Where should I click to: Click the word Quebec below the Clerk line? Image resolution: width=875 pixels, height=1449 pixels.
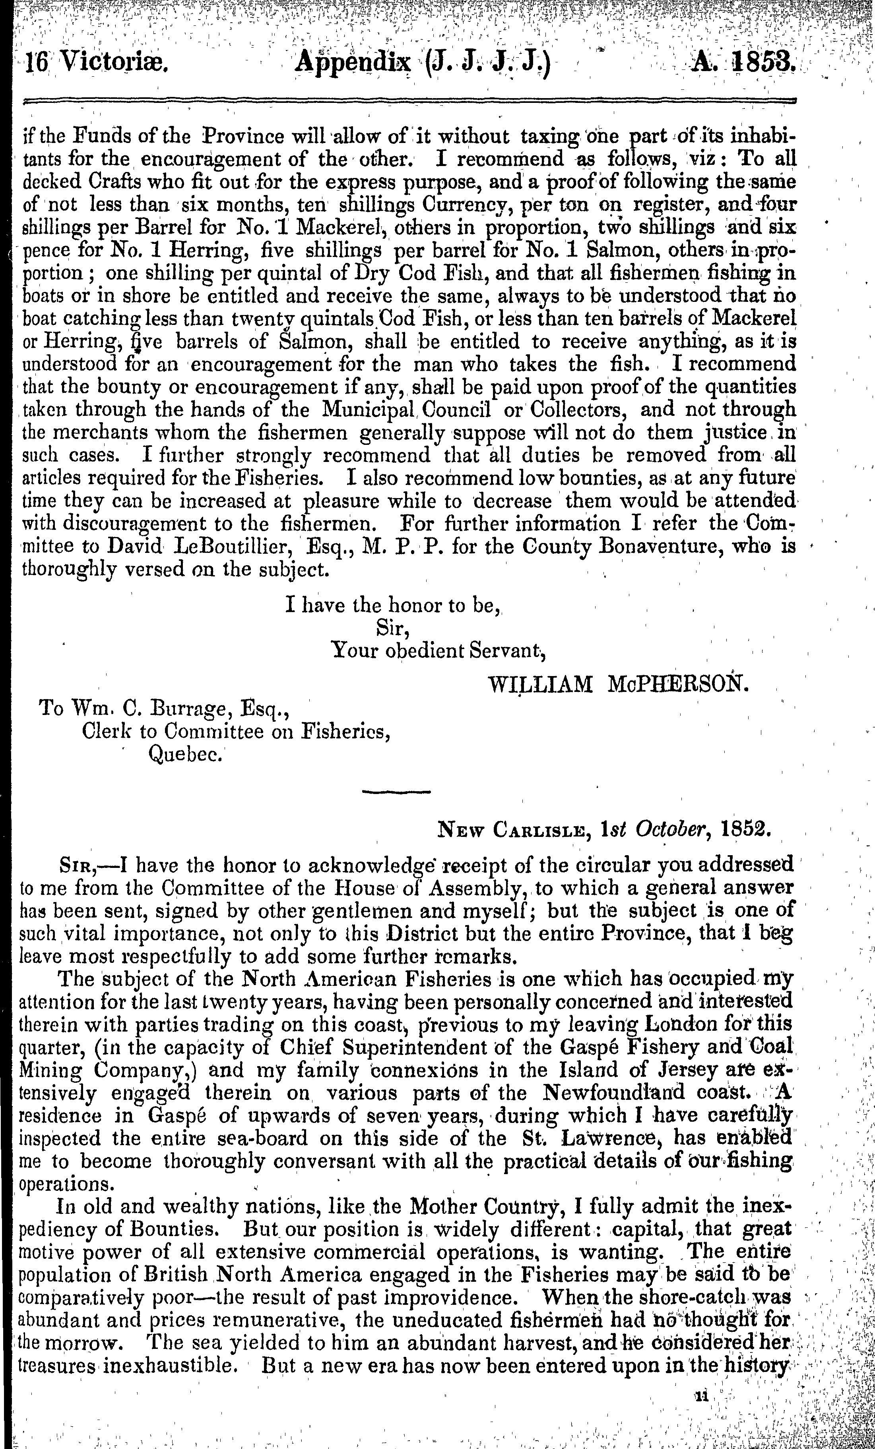185,754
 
